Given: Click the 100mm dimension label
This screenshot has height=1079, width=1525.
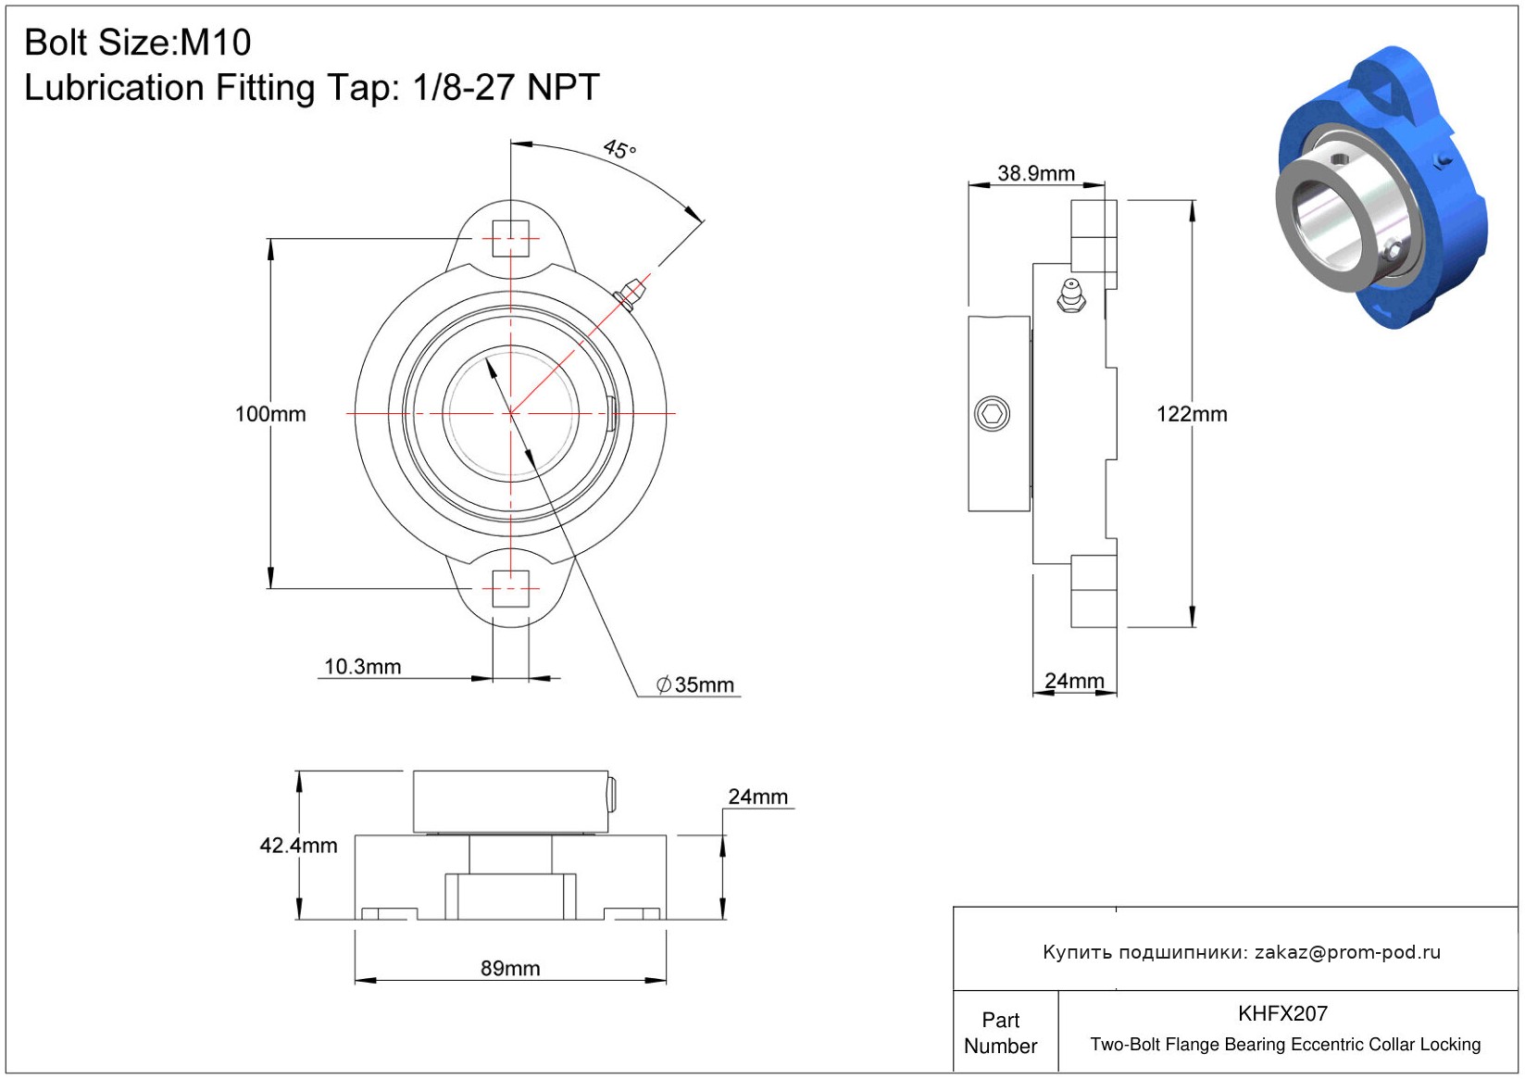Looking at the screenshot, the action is [270, 414].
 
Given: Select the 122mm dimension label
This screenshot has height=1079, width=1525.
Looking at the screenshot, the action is [1192, 414].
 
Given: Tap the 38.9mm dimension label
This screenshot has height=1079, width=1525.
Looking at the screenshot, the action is [1036, 173].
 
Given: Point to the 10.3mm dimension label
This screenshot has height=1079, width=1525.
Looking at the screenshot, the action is [363, 666].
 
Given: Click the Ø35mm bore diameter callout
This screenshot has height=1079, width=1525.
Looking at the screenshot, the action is [695, 684].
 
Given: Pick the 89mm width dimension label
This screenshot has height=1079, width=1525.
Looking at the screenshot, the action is [510, 968].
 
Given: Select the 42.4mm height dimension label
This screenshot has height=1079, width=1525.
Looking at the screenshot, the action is [298, 846].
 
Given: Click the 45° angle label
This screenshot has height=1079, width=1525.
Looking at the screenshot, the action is [619, 149].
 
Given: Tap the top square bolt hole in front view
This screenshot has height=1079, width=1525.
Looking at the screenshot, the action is [510, 238].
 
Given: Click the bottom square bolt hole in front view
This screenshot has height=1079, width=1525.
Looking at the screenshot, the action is [510, 588].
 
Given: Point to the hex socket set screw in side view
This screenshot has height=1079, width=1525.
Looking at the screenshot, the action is [992, 413].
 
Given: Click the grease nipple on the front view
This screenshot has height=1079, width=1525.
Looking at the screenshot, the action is [629, 295].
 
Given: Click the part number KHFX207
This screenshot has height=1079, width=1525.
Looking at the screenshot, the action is [1282, 1013].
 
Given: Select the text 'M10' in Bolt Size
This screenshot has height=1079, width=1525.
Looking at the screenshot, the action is [215, 43].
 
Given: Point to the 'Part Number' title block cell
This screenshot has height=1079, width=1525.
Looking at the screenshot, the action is [1000, 1033].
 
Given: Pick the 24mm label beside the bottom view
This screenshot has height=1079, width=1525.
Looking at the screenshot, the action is [757, 797].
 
